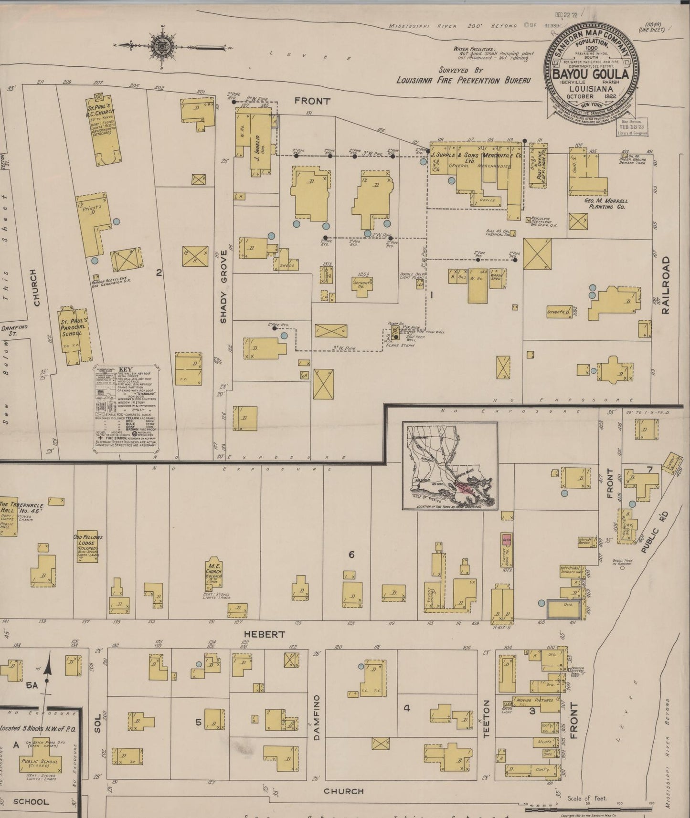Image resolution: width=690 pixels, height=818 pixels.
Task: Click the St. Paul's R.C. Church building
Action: [x=103, y=131]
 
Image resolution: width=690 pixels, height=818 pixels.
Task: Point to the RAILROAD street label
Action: [x=667, y=285]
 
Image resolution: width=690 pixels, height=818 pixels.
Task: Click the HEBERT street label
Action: [x=265, y=634]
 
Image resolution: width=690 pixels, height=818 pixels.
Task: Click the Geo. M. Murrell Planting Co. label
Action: [x=605, y=204]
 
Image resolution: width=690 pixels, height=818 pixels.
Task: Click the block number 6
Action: [x=351, y=555]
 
